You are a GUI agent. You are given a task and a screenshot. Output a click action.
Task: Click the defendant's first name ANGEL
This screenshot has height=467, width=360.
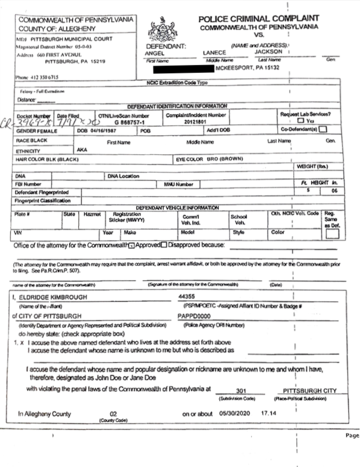155,52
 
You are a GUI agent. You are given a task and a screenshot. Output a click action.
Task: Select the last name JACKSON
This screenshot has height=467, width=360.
272,52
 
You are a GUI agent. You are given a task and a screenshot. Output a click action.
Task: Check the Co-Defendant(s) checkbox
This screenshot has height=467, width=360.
323,129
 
